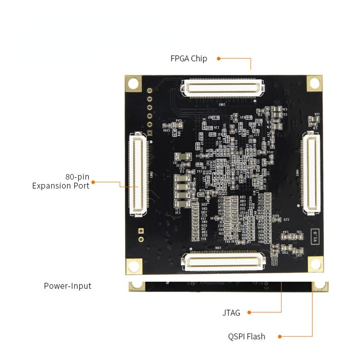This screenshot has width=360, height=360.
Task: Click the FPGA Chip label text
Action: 189,58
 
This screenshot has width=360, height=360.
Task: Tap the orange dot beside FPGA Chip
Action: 219,58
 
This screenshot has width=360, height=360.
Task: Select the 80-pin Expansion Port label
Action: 60,181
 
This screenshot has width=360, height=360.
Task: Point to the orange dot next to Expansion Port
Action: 94,182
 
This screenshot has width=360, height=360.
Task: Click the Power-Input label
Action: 67,286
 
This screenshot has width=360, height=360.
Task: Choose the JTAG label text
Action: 231,313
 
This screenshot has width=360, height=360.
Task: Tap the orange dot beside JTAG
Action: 249,312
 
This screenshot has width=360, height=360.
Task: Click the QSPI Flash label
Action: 247,337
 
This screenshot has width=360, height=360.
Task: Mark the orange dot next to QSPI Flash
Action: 279,336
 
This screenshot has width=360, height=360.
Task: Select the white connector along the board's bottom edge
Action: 224,261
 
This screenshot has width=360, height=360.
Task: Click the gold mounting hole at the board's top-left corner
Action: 133,83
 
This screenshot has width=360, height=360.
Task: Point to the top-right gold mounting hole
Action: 315,83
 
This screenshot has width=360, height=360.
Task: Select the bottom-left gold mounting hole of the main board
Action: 134,265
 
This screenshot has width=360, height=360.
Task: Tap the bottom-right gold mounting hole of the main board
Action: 315,265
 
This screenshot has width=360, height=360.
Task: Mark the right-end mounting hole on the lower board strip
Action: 320,286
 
